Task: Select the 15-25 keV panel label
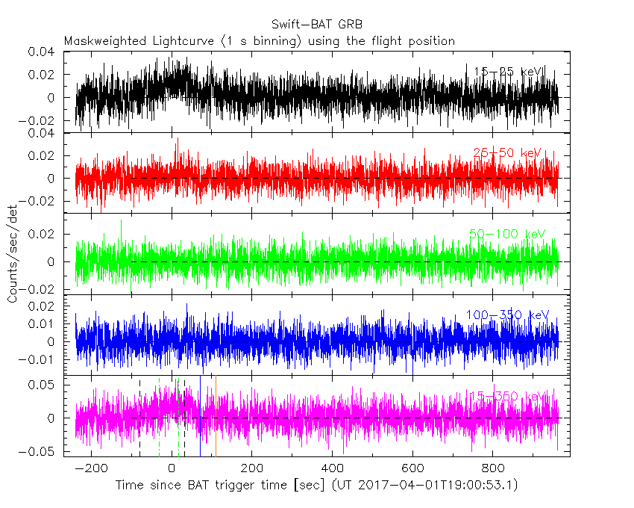coord(509,72)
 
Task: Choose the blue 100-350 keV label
coord(506,315)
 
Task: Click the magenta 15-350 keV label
coord(508,396)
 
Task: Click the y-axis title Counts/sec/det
coord(13,254)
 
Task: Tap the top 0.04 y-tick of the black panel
coord(43,52)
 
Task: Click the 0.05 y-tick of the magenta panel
coord(43,385)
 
